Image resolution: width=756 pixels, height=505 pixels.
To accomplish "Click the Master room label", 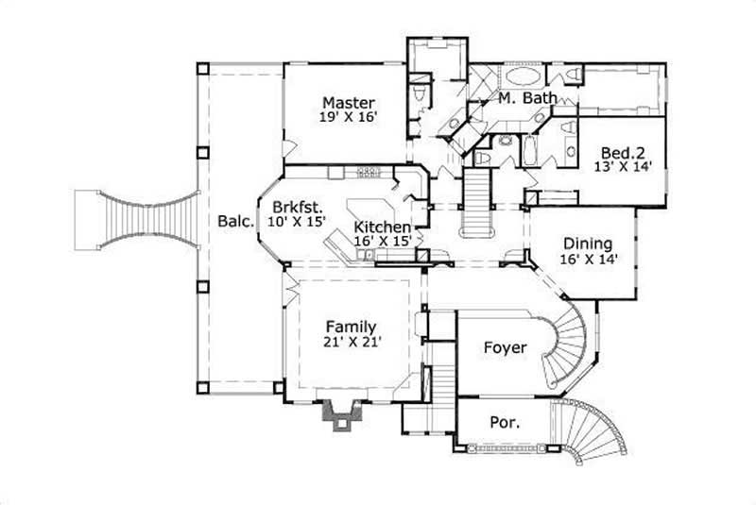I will click(x=348, y=103).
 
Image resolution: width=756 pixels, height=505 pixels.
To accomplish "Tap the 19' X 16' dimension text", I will click(x=348, y=119).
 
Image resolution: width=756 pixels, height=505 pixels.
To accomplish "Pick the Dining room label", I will click(x=587, y=243).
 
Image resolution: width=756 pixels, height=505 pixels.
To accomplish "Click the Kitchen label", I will click(x=382, y=227).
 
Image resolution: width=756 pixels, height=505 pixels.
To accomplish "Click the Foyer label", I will click(x=505, y=347).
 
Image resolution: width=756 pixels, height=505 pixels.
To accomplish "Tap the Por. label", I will click(x=504, y=423).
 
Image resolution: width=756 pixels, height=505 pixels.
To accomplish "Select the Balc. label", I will click(x=233, y=222).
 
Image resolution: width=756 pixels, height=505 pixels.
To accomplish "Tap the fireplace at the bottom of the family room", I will click(x=341, y=413).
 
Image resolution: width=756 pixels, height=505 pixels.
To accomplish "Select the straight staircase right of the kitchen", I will click(x=476, y=204).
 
